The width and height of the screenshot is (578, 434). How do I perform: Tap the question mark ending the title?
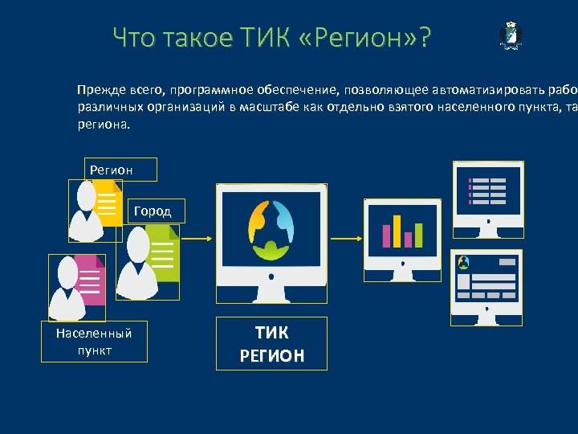pos(422,38)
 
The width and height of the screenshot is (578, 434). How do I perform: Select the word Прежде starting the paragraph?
pos(98,89)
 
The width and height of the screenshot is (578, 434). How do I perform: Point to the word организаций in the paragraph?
pos(181,107)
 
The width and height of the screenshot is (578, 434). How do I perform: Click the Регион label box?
pos(120,170)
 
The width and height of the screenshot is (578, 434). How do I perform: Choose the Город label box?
pos(157,211)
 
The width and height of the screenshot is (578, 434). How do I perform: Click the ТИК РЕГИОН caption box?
pos(271,343)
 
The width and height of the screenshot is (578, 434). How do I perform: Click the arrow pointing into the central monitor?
pos(197,238)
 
